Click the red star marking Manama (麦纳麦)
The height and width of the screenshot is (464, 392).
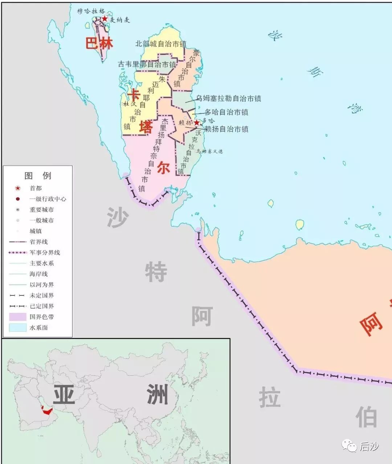tap(105, 18)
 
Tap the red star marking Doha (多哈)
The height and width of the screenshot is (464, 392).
tap(196, 123)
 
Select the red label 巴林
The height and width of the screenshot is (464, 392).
tap(99, 43)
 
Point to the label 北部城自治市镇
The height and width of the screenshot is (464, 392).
tap(160, 44)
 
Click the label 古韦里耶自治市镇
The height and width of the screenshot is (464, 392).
tap(147, 64)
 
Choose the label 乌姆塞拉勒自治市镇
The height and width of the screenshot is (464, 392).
tap(229, 98)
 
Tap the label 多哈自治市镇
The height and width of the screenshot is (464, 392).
tap(226, 112)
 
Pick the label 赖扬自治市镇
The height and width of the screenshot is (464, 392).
tap(226, 129)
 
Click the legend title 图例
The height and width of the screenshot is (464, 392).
tap(38, 176)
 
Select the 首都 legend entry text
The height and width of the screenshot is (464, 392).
tap(36, 188)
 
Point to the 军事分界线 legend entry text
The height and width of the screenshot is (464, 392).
tap(45, 253)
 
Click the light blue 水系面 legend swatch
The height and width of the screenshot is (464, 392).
tap(17, 327)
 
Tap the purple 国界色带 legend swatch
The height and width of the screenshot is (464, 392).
tap(17, 317)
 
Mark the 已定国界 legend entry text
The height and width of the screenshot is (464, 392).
tap(42, 306)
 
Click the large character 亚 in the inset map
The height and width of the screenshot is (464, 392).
tap(64, 395)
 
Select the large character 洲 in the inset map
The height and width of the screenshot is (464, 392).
tap(157, 394)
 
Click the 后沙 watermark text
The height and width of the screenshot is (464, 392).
tap(369, 447)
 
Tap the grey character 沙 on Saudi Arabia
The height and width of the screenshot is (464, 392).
tap(118, 217)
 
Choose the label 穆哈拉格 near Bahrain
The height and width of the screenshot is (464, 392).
tap(91, 11)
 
